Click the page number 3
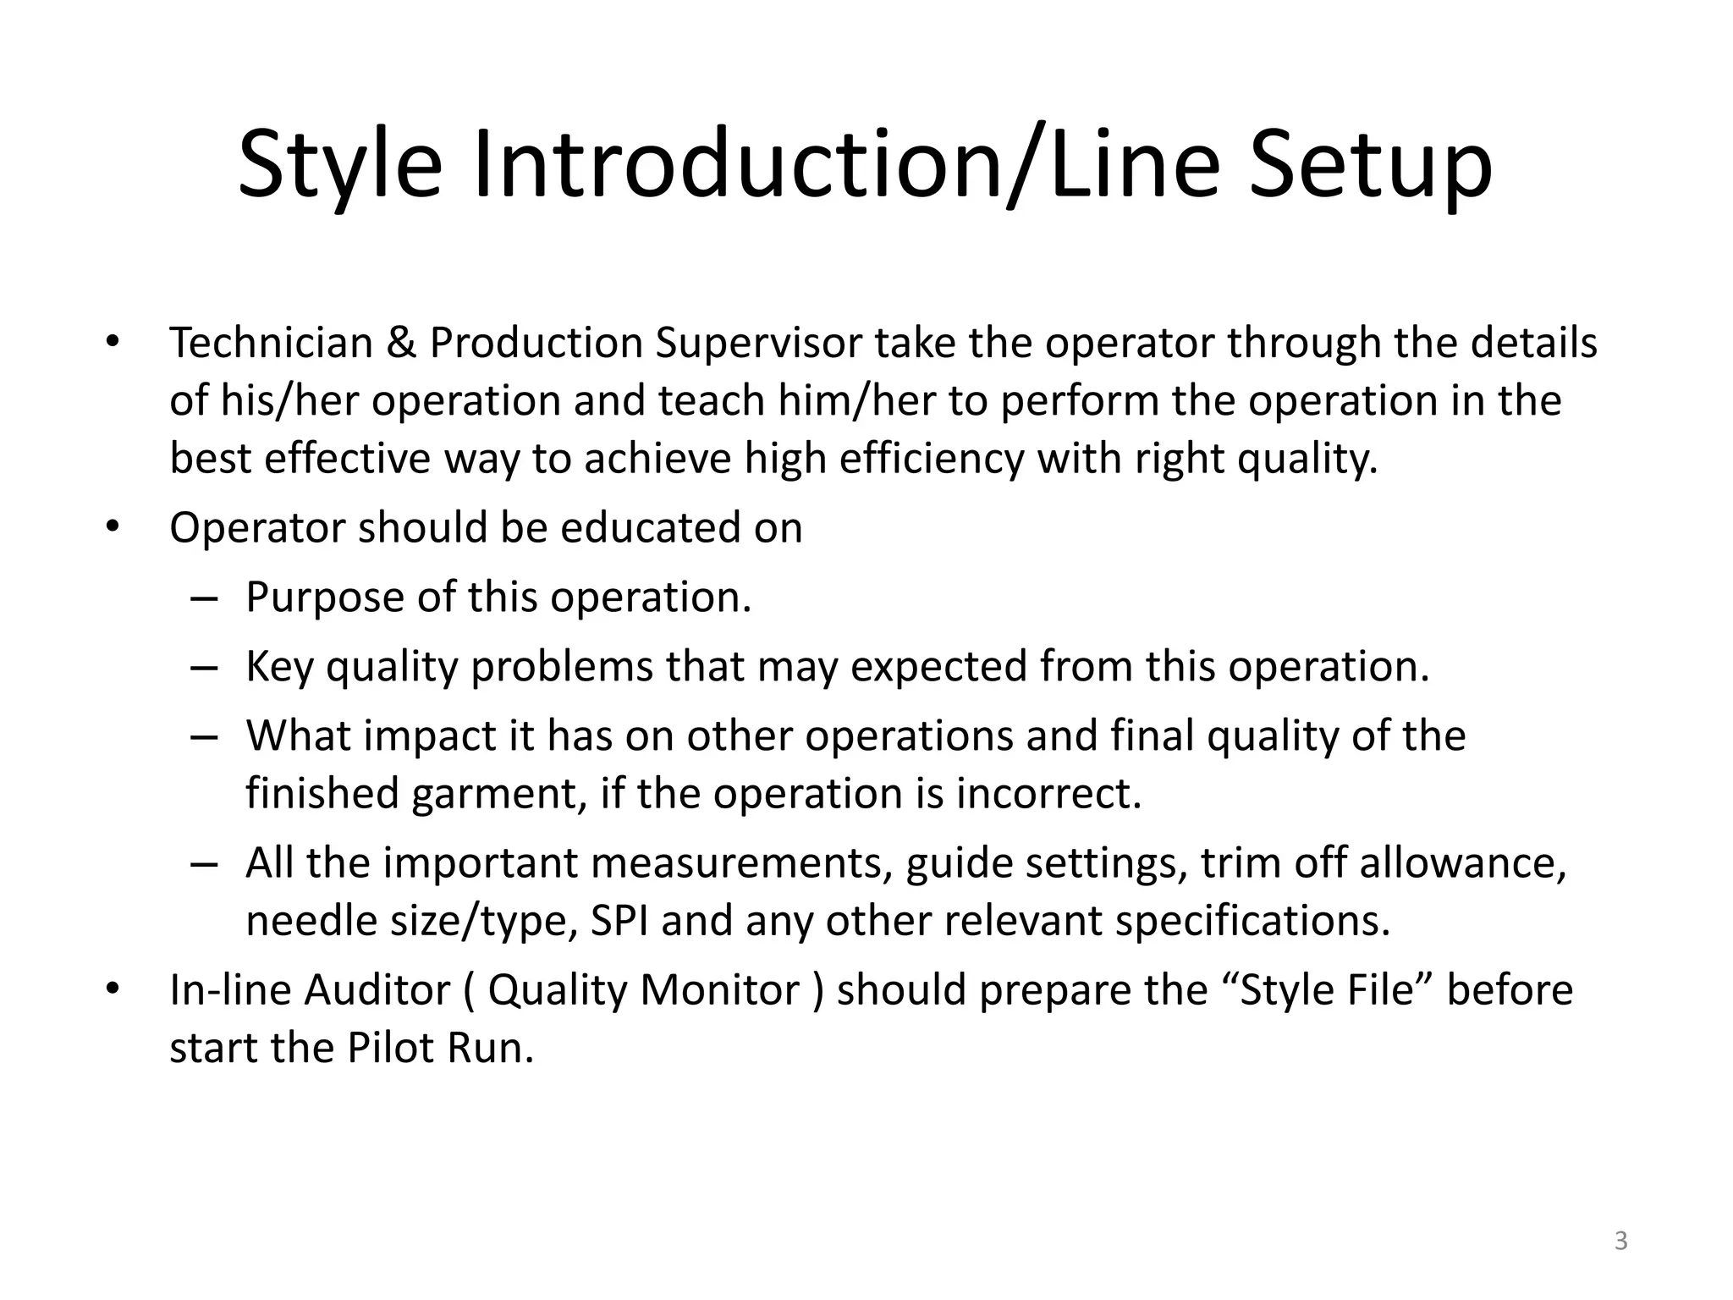tap(1620, 1242)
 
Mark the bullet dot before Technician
tap(113, 344)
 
